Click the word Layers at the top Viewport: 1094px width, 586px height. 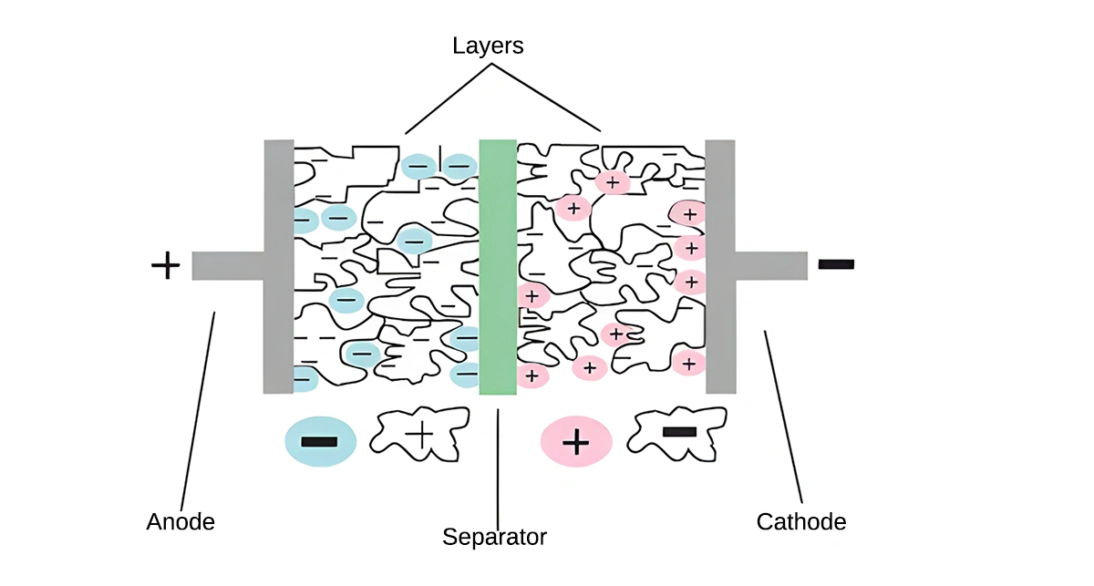[x=488, y=45]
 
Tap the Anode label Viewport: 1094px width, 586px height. [x=181, y=522]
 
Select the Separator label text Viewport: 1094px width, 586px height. [x=494, y=537]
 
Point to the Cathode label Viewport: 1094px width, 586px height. [x=801, y=522]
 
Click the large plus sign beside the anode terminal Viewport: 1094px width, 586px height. [x=165, y=266]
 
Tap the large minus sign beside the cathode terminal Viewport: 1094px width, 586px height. [x=836, y=264]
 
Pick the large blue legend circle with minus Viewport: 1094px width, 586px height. [x=318, y=441]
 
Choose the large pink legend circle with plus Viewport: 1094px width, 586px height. [x=576, y=442]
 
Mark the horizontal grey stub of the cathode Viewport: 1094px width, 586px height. [x=771, y=265]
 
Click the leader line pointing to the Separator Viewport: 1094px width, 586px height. [x=498, y=465]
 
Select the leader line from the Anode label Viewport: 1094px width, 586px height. [x=198, y=410]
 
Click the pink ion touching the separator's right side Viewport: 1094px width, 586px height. [x=532, y=295]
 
